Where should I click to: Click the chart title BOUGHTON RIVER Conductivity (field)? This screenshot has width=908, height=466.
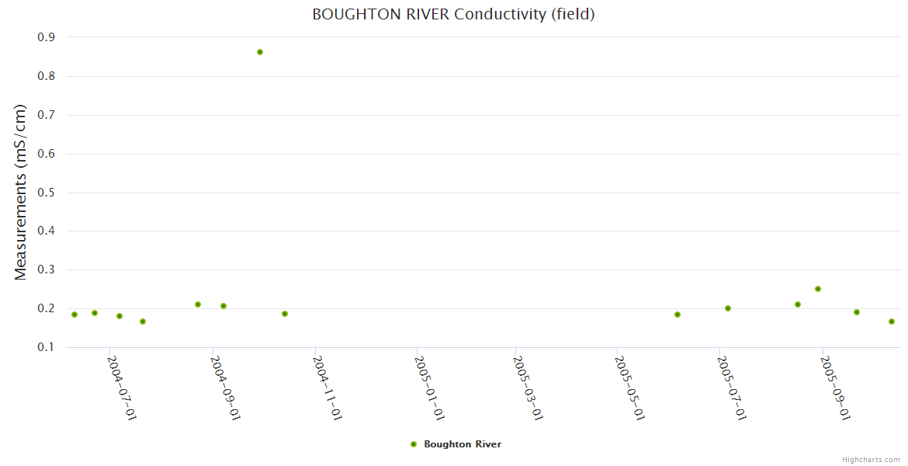[453, 14]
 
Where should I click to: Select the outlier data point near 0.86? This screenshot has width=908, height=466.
[260, 52]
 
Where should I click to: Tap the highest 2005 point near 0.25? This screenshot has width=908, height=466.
[817, 289]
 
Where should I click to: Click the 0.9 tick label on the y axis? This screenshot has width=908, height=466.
[46, 37]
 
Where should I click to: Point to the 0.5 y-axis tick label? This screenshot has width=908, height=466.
[46, 193]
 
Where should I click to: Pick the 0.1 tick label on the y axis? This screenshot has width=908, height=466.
[46, 347]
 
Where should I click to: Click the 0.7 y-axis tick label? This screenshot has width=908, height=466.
[46, 115]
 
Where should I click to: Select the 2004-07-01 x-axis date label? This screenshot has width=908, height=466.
[122, 388]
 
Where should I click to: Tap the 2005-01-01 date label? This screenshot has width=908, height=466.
[429, 388]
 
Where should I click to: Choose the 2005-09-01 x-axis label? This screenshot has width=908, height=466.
[835, 388]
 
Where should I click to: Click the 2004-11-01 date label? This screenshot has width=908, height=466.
[327, 388]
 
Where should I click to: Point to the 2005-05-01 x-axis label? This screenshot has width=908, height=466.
[630, 388]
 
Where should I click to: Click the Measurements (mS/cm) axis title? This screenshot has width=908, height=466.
[21, 192]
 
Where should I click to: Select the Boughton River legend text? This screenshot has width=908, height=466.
[462, 444]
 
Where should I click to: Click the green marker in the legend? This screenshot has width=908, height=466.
[414, 444]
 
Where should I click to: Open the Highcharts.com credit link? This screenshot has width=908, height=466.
[871, 460]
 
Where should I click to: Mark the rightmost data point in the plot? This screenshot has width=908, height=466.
[892, 322]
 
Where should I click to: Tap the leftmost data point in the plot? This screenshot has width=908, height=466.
[75, 315]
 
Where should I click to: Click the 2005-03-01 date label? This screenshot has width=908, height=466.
[528, 388]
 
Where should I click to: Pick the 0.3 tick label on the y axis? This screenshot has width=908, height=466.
[46, 270]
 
